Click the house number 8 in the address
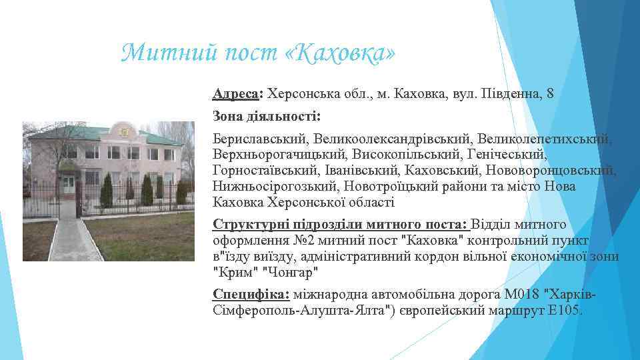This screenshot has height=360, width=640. coord(549,94)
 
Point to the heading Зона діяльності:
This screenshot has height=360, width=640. coord(267,117)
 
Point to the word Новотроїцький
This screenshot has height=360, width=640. coord(397,187)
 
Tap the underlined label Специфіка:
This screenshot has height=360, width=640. coord(251,295)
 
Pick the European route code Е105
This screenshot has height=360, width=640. coord(565,311)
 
